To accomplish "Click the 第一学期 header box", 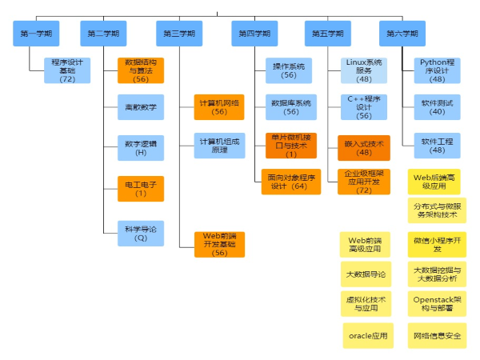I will (x=36, y=34).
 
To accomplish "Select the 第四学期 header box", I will (x=254, y=34).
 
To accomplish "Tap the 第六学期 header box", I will (x=402, y=34).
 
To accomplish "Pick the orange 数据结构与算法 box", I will (x=141, y=70).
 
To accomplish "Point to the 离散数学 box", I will (x=141, y=107).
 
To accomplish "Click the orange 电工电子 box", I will (x=141, y=189).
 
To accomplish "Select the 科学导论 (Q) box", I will (x=141, y=233).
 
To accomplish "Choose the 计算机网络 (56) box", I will (x=219, y=107).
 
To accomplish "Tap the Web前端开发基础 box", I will (x=219, y=243).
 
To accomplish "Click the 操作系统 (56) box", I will (x=289, y=70).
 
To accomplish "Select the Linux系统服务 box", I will (x=364, y=70).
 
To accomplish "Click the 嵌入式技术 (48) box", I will (x=364, y=148).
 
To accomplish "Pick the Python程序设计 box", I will (x=437, y=70).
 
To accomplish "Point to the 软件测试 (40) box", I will (x=437, y=107).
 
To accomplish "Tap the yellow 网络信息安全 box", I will (x=437, y=335).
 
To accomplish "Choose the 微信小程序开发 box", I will (x=437, y=244).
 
